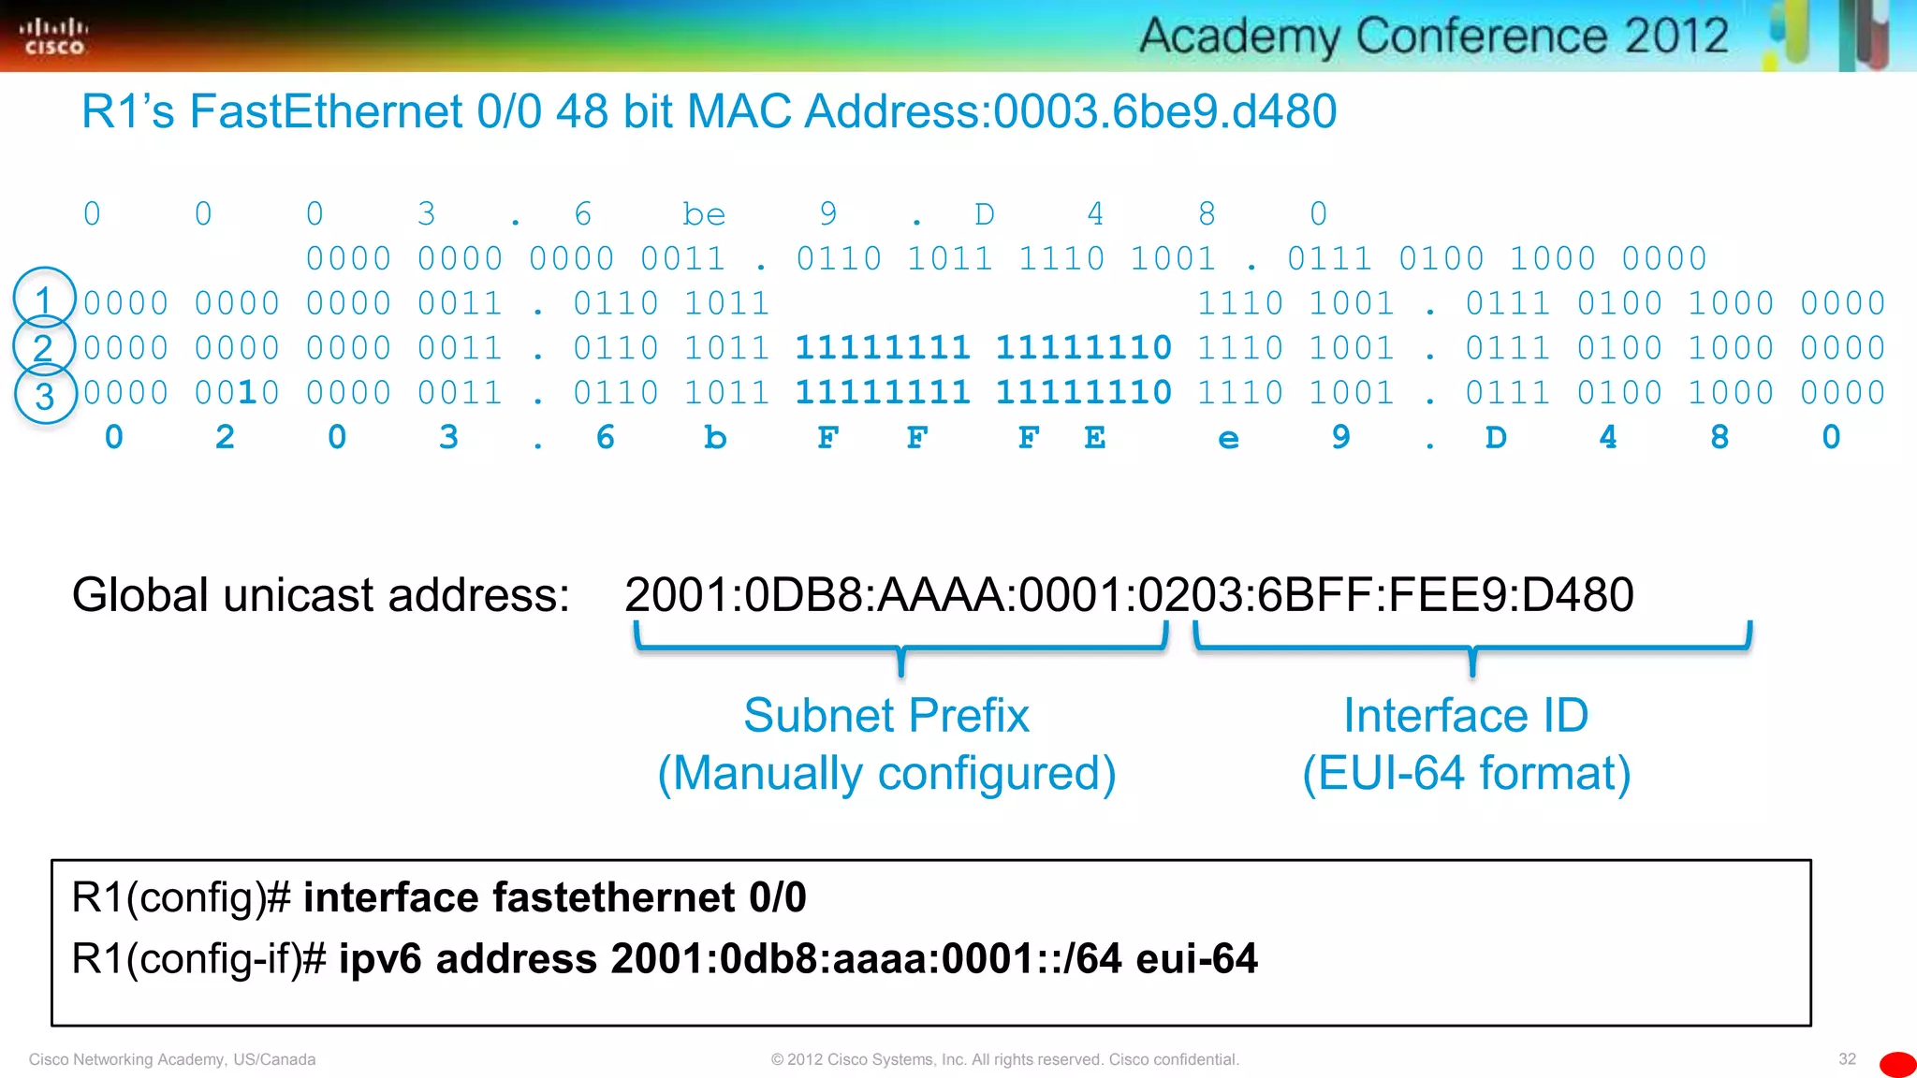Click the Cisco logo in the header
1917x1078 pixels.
[x=53, y=36]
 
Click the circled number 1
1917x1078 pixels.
[x=44, y=299]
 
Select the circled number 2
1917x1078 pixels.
[x=43, y=348]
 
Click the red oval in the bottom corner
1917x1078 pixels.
[x=1897, y=1064]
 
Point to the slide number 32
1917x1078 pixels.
[x=1847, y=1059]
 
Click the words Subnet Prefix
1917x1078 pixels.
[x=885, y=716]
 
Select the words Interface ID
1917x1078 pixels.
[x=1466, y=716]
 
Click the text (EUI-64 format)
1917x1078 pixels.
[x=1466, y=774]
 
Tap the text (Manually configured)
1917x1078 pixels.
[x=885, y=774]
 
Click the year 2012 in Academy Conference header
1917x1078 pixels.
[x=1676, y=36]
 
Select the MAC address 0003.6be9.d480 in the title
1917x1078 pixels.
[x=1164, y=111]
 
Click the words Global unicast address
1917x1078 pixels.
[x=320, y=595]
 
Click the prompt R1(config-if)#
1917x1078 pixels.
[x=198, y=959]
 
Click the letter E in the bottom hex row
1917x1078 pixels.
[x=1094, y=438]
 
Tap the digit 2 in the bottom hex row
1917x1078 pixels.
[x=225, y=438]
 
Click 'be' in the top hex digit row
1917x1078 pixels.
[x=704, y=214]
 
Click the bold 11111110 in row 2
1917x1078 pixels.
[x=1083, y=348]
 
